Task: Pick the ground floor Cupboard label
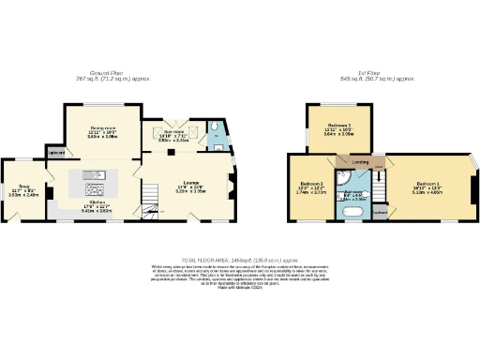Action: pos(56,152)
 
